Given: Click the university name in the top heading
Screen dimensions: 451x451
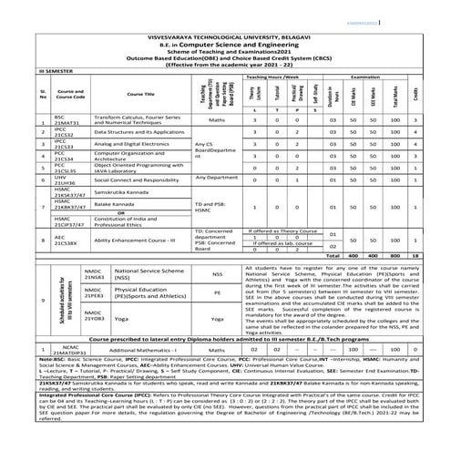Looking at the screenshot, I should click(x=226, y=28).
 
